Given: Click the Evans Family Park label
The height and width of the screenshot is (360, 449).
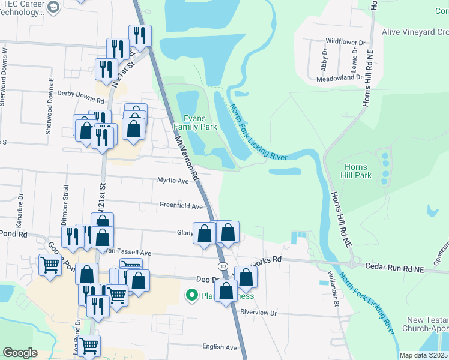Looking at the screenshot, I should point(195,122).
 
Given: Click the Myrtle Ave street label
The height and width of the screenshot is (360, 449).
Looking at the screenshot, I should point(173,180).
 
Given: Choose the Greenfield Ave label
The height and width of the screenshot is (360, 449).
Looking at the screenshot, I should point(181,205).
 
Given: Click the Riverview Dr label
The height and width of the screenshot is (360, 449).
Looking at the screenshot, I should point(258,313).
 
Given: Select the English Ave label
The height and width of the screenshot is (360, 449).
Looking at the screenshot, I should point(220,347).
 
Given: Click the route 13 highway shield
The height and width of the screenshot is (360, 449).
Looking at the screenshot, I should point(223,266).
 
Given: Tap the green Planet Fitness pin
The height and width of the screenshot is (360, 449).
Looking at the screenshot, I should point(192,296).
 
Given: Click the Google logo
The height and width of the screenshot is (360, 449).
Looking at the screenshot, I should point(20,353).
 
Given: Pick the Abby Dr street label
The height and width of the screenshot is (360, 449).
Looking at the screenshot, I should point(324,60).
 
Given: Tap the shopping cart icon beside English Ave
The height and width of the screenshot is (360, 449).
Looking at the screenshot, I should point(89,346).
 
